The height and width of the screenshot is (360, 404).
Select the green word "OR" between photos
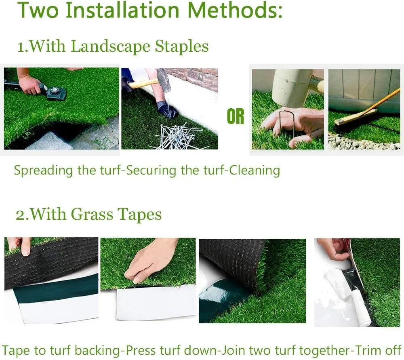coord(236,117)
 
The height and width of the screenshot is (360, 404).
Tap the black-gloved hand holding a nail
coord(167,109)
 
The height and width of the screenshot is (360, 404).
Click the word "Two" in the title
coord(38,11)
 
